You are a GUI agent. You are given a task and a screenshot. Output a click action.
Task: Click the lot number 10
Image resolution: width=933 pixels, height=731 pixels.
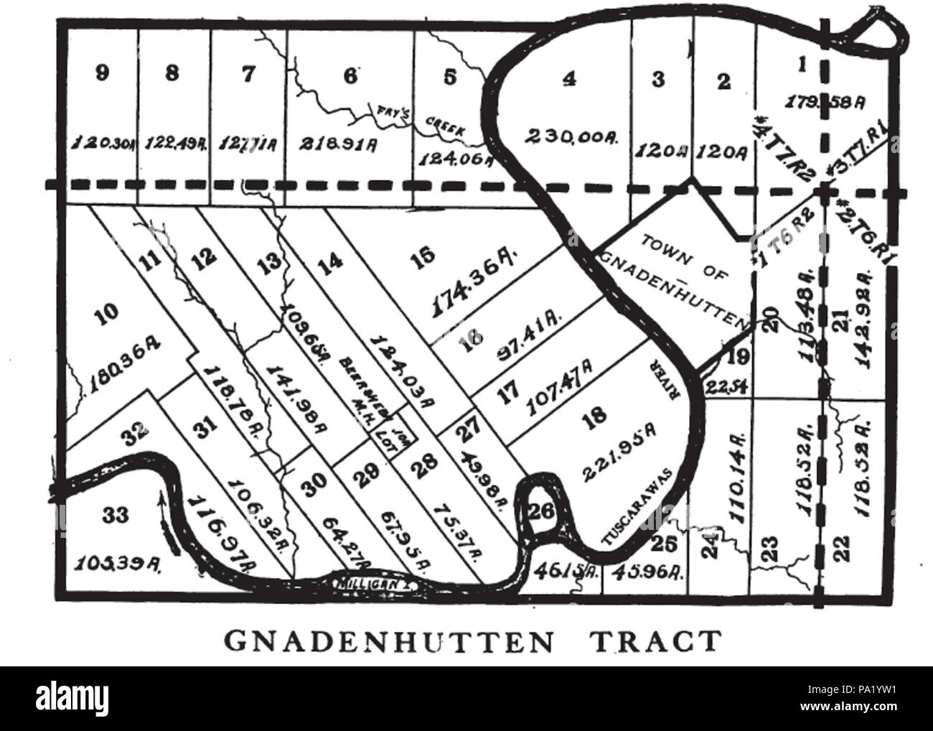(106, 311)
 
